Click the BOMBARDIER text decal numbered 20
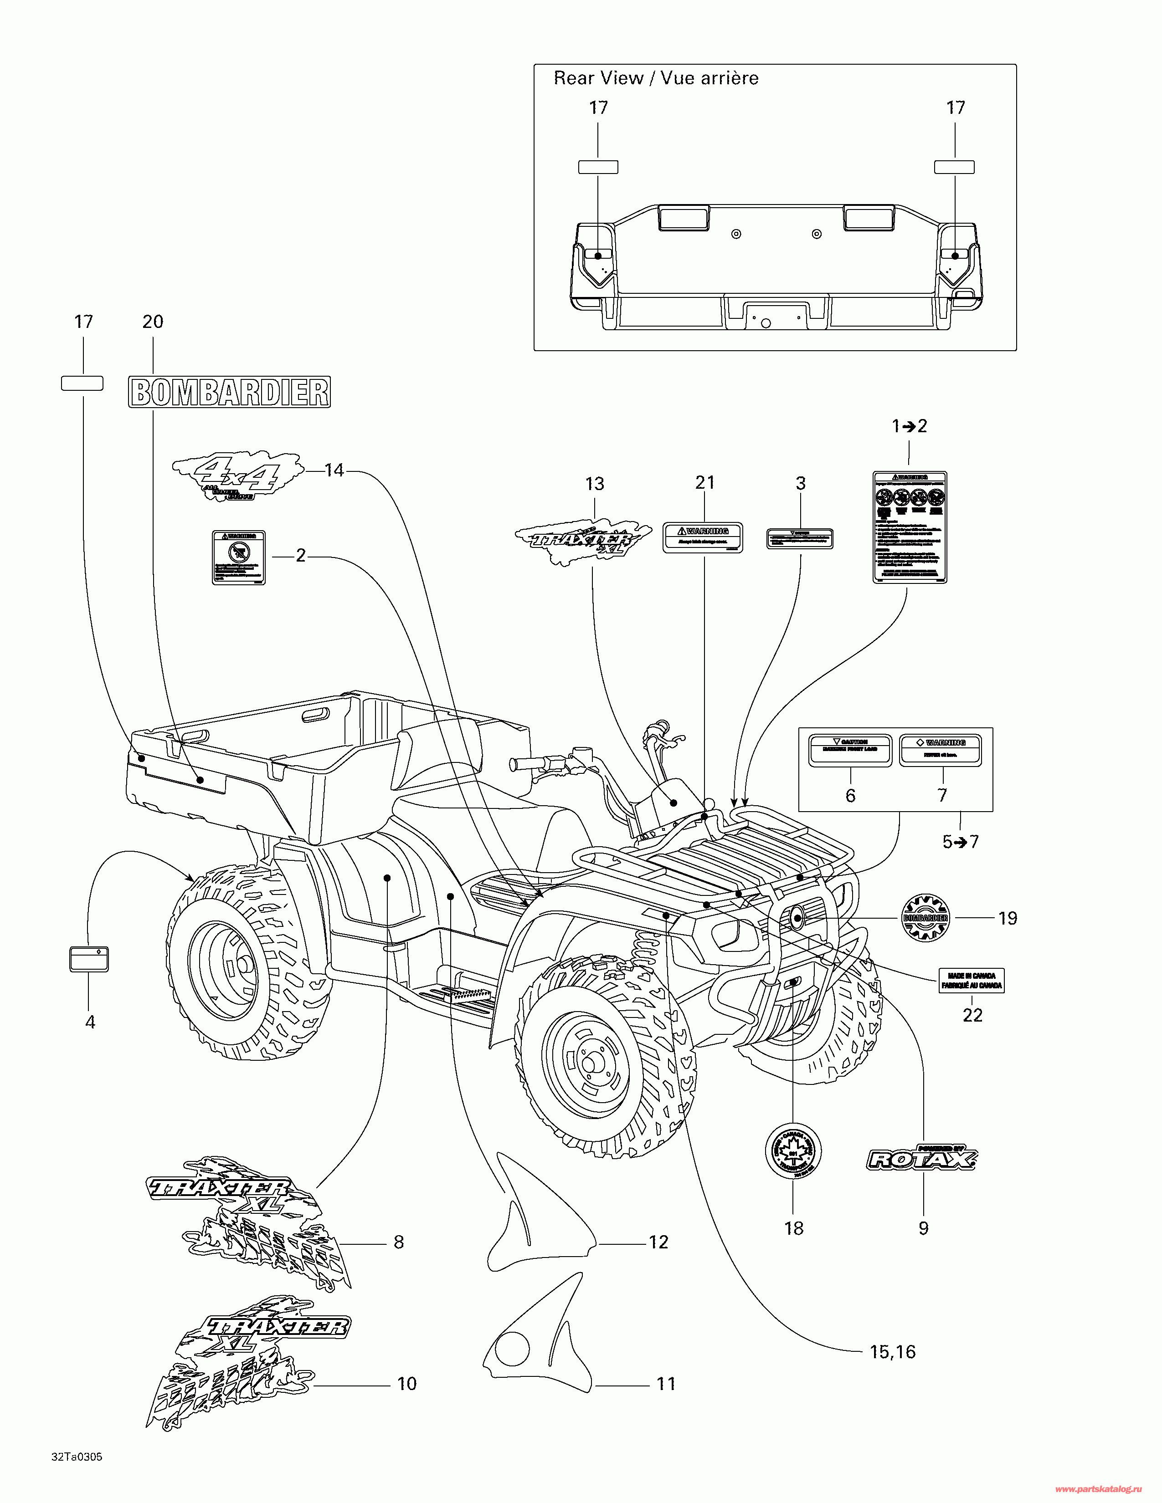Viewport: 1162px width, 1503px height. [x=229, y=392]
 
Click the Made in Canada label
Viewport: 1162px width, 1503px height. [x=972, y=981]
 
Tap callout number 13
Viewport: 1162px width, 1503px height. [x=594, y=484]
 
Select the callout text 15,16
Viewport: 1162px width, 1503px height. [x=892, y=1352]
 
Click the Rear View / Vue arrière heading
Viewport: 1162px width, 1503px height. [x=656, y=78]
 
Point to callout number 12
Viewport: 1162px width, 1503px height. [x=658, y=1242]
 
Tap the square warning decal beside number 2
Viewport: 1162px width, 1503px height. [x=238, y=557]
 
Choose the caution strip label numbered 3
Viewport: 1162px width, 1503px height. [x=799, y=538]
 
